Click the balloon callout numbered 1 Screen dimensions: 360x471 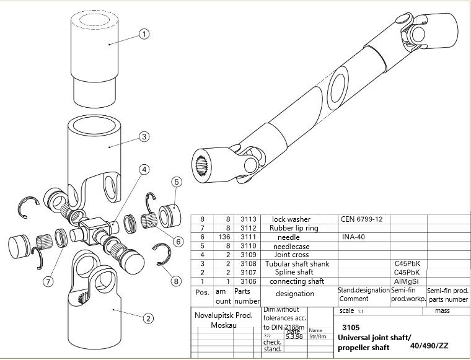coord(144,34)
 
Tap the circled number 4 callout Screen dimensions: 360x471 coord(144,169)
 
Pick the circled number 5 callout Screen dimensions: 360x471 coord(177,182)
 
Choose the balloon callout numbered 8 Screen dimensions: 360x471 coord(177,281)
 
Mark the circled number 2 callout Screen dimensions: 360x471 coord(148,318)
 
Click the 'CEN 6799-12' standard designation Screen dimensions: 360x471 coord(362,219)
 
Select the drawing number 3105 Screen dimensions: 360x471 coord(350,327)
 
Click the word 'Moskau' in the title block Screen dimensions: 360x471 coord(223,325)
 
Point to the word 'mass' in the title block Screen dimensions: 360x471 coord(442,310)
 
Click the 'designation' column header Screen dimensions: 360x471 coord(295,294)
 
